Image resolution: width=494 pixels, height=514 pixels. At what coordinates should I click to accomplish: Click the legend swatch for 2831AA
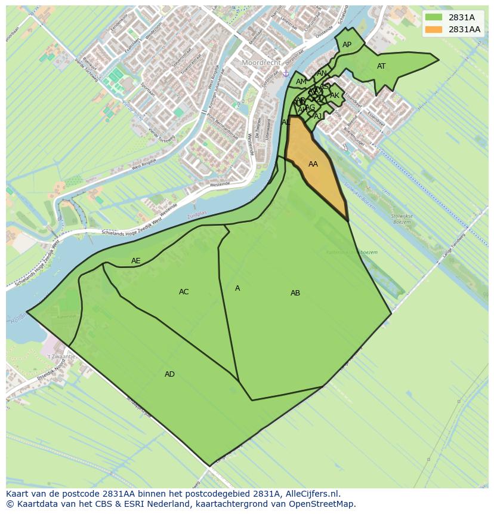[x=434, y=29]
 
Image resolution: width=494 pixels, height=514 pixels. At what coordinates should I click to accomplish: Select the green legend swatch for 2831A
[x=434, y=17]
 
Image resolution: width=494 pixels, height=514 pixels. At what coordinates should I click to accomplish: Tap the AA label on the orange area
[x=313, y=164]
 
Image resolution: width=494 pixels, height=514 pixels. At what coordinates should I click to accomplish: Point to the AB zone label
[x=295, y=293]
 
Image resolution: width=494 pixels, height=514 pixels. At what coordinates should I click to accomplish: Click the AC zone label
[x=184, y=292]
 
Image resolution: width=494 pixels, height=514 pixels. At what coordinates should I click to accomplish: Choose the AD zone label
[x=170, y=374]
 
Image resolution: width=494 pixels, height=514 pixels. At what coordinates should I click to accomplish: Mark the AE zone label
[x=136, y=261]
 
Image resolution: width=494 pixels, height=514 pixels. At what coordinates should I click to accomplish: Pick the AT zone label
[x=381, y=66]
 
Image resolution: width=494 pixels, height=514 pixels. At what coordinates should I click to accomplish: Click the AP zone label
[x=347, y=45]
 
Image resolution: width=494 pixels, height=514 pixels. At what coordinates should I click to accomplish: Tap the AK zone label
[x=335, y=96]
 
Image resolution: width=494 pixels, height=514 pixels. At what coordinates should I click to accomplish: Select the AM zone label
[x=301, y=82]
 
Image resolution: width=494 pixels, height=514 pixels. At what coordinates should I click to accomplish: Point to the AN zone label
[x=322, y=73]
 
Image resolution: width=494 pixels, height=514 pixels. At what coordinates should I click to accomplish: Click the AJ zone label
[x=318, y=116]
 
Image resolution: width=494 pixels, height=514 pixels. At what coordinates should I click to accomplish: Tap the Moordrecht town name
[x=261, y=62]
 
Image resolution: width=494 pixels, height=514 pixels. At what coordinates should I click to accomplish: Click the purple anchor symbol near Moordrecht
[x=286, y=73]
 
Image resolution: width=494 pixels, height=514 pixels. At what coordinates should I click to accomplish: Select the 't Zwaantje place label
[x=61, y=356]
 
